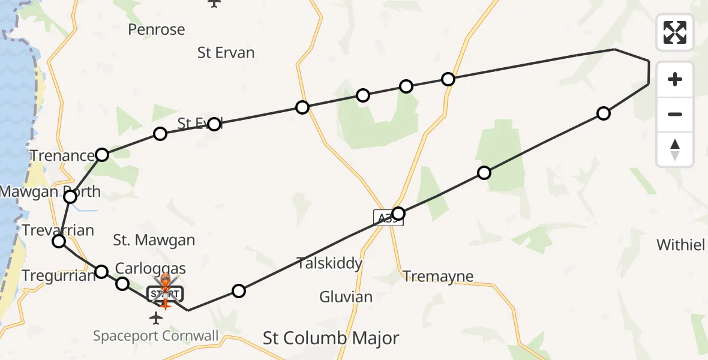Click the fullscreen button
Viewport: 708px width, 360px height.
(x=675, y=32)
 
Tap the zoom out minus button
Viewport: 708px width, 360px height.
(x=675, y=114)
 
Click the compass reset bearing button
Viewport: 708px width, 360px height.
(x=675, y=149)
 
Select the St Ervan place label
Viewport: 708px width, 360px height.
(x=226, y=53)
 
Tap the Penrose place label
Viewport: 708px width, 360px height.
(x=157, y=29)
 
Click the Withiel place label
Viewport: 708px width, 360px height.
(x=680, y=245)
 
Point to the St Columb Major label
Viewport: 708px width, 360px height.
(x=331, y=338)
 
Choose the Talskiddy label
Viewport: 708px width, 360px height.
(x=330, y=263)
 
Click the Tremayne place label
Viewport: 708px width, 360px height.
(x=438, y=277)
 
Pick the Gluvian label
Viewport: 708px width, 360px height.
(x=346, y=296)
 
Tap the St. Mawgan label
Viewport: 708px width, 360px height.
(x=154, y=241)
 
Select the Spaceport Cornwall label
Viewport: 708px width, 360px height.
(x=155, y=335)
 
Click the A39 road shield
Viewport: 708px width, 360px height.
(x=388, y=217)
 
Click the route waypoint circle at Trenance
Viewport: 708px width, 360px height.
(x=102, y=155)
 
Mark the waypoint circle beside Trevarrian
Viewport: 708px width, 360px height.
(x=59, y=241)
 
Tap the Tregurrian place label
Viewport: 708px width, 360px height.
(x=59, y=276)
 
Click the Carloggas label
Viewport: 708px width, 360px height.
(x=150, y=268)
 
